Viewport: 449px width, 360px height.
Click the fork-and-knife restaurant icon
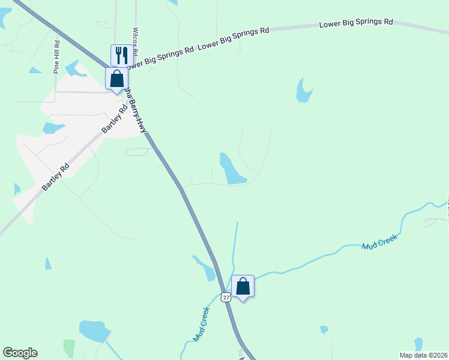(x=122, y=55)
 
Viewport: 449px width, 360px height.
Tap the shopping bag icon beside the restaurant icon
(x=116, y=79)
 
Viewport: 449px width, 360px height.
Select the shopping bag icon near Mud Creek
(x=243, y=286)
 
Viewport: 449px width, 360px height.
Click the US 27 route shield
(x=225, y=297)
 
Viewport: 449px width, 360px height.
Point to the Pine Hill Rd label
(x=57, y=57)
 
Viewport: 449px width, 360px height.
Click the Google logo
(x=20, y=353)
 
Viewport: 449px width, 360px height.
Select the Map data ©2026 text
(x=423, y=355)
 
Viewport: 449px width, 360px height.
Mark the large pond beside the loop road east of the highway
(x=231, y=169)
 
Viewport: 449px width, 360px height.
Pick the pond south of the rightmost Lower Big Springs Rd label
(x=304, y=91)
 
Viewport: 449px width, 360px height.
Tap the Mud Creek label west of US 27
(x=201, y=324)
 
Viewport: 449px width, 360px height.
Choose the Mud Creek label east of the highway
(x=379, y=242)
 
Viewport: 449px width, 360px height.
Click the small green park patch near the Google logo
(x=69, y=348)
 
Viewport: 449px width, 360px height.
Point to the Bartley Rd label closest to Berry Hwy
(x=115, y=119)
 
